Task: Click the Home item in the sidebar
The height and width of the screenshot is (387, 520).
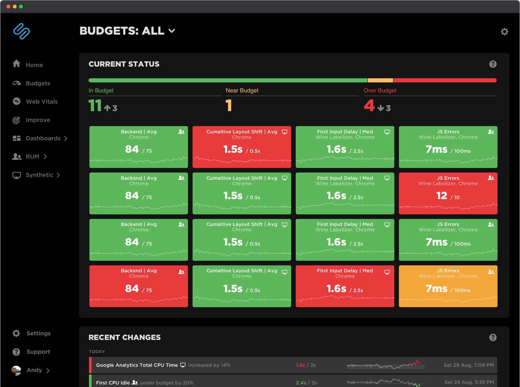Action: (34, 65)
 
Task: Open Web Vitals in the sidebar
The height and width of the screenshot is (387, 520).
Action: (41, 102)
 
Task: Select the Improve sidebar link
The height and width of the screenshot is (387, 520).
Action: (38, 120)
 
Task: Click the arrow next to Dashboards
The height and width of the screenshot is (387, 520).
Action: (66, 139)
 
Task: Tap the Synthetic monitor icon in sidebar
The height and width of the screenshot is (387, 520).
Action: (16, 175)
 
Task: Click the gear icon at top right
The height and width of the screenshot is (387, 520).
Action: (504, 32)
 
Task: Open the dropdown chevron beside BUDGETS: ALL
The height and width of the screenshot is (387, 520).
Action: (172, 31)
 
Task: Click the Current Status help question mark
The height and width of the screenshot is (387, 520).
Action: (493, 64)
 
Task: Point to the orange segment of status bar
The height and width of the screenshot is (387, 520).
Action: (380, 80)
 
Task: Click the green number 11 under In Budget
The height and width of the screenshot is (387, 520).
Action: (95, 106)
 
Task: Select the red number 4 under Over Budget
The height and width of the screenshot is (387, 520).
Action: (369, 106)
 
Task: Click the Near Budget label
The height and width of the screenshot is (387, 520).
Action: (242, 91)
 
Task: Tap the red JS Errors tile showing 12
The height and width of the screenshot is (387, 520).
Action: (448, 193)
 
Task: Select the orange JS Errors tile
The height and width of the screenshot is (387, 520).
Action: (448, 286)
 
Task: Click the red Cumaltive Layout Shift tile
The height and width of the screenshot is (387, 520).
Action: (242, 147)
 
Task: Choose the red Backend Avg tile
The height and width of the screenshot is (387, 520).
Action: (138, 286)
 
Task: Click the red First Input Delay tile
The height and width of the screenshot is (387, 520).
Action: (345, 286)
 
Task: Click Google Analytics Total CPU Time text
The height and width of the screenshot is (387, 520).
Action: (137, 365)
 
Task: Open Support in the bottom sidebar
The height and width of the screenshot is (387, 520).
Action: (38, 352)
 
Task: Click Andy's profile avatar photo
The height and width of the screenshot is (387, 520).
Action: (16, 370)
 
